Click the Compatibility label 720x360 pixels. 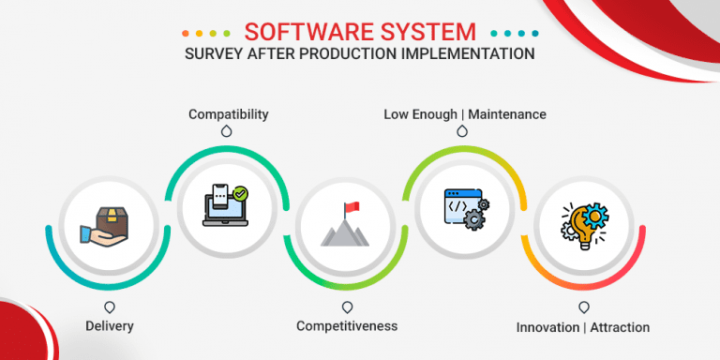(x=228, y=114)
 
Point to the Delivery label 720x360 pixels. (x=109, y=326)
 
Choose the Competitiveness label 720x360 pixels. (x=347, y=326)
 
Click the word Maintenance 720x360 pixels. (x=507, y=114)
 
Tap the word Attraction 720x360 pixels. (x=620, y=327)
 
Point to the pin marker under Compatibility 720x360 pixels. (x=226, y=133)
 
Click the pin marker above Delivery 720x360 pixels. (x=110, y=307)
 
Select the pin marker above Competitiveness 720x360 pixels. (x=347, y=307)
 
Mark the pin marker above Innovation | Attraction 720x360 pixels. (x=583, y=307)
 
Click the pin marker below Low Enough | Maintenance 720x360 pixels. (x=462, y=133)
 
